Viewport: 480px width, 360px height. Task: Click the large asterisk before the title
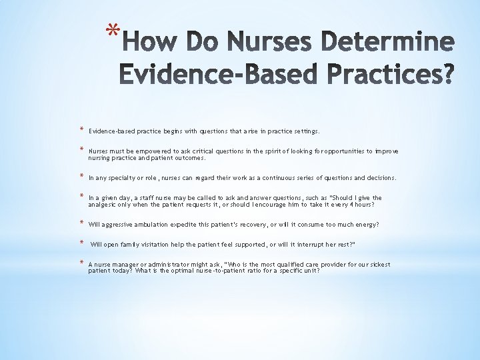coord(114,32)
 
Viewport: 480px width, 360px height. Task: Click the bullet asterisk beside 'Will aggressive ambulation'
coord(80,223)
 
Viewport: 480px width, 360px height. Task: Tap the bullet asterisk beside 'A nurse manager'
coord(80,263)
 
